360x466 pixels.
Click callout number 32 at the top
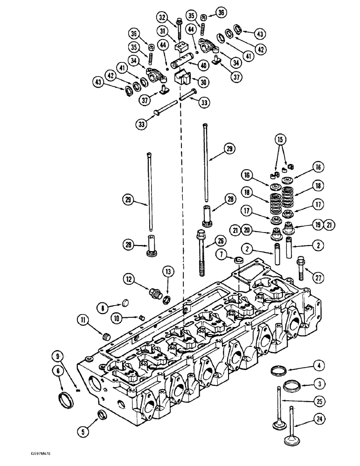click(x=162, y=18)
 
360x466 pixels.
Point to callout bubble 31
click(x=162, y=31)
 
